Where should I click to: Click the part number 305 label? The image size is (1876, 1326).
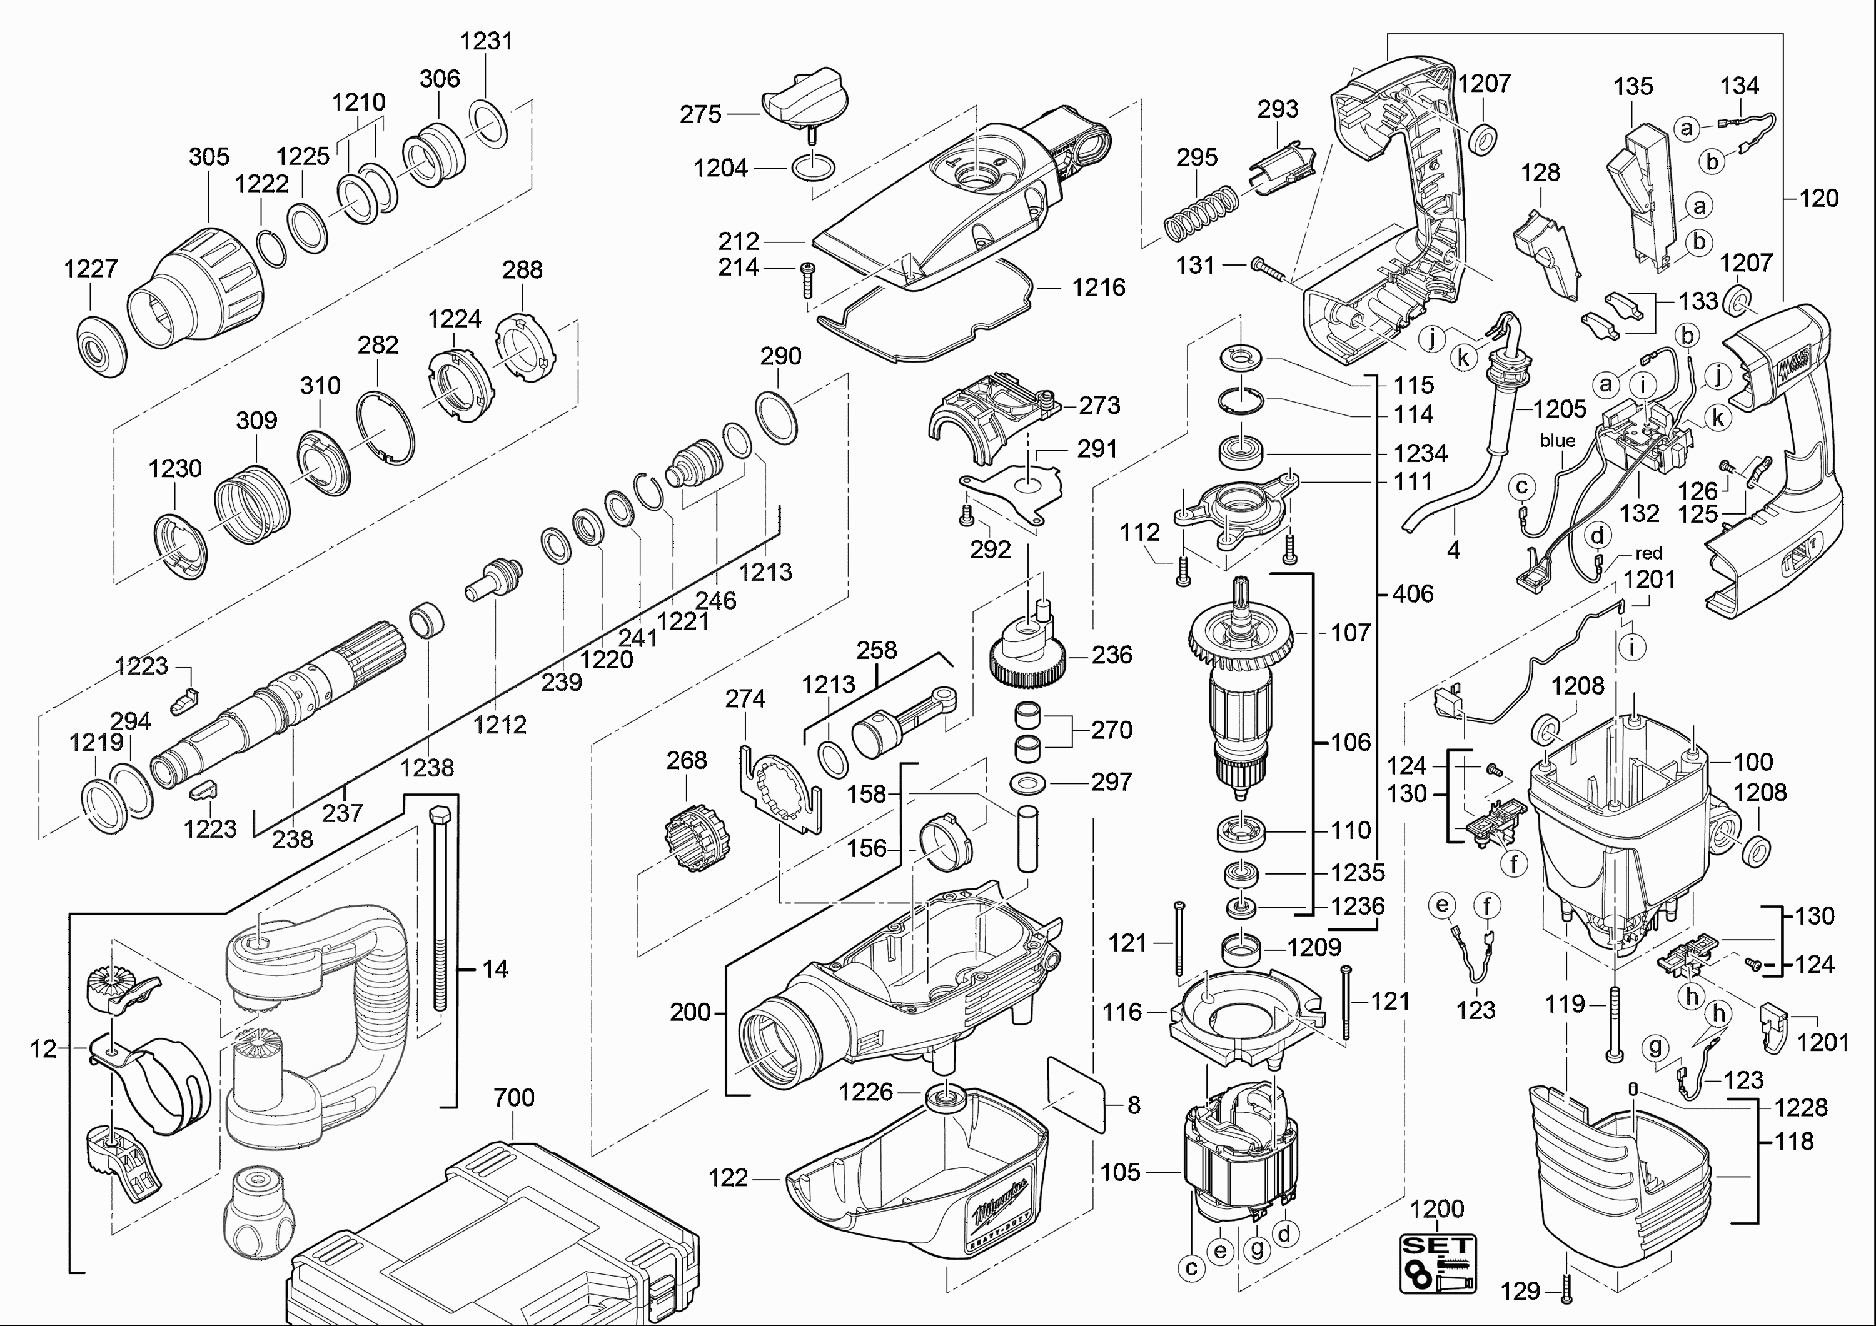coord(209,157)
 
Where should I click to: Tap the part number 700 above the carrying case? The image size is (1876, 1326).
coord(514,1097)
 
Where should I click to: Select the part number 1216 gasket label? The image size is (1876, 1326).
coord(1098,288)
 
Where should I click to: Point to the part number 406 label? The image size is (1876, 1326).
coord(1413,594)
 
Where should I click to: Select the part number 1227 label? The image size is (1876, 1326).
coord(91,268)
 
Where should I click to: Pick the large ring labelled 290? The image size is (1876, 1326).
coord(776,418)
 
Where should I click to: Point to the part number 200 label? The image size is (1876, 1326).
coord(690,1012)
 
